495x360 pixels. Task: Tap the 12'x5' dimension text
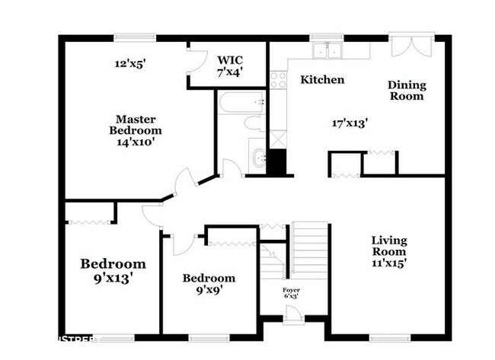[x=129, y=64]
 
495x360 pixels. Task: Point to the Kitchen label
[x=322, y=80]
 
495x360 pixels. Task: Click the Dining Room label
[x=407, y=90]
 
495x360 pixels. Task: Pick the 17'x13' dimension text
[x=350, y=122]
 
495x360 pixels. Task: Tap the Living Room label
[x=388, y=246]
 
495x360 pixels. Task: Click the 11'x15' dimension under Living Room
[x=388, y=263]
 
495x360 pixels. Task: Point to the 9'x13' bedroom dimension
[x=113, y=279]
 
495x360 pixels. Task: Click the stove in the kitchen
[x=277, y=79]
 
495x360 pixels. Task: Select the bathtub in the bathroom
[x=241, y=101]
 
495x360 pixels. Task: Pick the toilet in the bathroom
[x=254, y=123]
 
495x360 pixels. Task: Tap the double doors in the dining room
[x=412, y=45]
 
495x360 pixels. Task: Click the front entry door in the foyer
[x=293, y=313]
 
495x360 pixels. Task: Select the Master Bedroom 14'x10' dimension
[x=136, y=141]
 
